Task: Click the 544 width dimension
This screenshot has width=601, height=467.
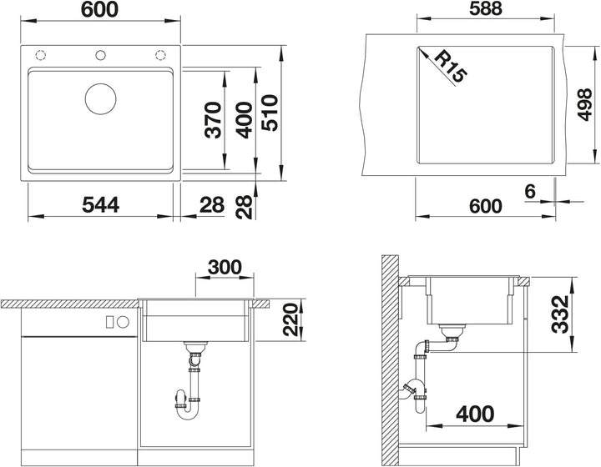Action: (100, 204)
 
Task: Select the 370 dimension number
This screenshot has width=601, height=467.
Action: (213, 119)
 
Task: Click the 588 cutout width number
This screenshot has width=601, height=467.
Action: (485, 9)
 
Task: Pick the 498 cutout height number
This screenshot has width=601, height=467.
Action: (585, 104)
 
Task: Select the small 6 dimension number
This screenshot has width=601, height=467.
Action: (530, 191)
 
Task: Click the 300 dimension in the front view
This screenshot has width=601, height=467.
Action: (225, 267)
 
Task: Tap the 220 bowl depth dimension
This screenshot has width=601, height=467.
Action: (290, 320)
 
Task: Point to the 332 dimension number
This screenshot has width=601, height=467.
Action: (560, 314)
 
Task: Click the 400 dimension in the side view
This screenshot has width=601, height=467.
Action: (475, 414)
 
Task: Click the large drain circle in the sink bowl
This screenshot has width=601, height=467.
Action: (100, 98)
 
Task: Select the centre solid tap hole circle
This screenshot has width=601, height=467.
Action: (100, 56)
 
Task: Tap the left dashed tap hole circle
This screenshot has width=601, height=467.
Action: (41, 56)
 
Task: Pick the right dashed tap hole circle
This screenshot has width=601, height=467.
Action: (160, 56)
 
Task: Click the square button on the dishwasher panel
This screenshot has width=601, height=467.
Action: (109, 322)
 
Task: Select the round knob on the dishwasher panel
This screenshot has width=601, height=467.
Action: (123, 322)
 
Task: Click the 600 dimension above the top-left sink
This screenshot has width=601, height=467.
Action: (99, 9)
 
